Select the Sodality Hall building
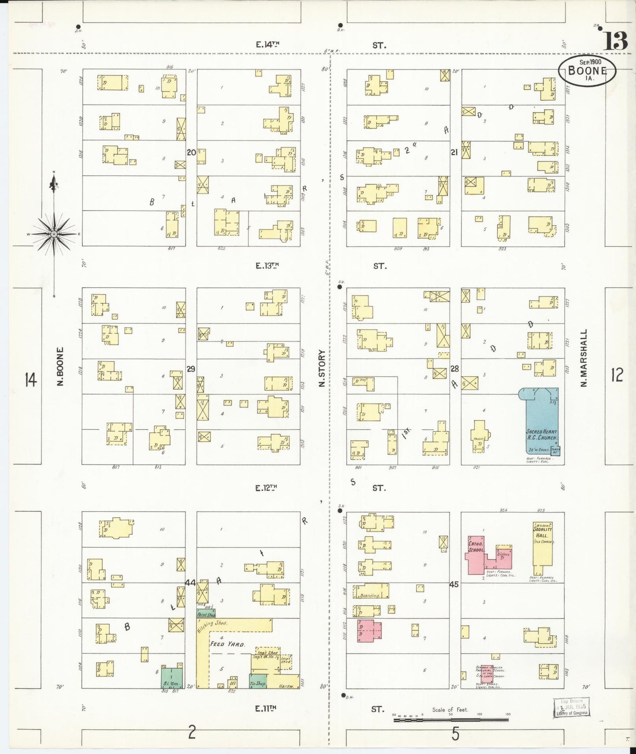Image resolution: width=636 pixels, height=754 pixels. (542, 545)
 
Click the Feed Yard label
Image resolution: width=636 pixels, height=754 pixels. (227, 644)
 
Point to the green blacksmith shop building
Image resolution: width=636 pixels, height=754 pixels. (172, 678)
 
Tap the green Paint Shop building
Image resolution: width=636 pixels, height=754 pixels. (206, 613)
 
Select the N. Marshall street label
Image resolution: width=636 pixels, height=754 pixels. (584, 358)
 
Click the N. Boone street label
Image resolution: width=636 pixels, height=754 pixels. (60, 366)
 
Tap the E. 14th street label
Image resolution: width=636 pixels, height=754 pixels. (267, 44)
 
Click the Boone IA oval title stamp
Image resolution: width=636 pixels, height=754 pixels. (587, 71)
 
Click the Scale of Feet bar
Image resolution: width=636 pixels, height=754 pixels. (450, 720)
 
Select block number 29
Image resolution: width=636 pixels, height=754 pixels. (191, 369)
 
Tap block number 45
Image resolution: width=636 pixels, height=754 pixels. (454, 585)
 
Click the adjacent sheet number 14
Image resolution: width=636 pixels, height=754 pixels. (30, 379)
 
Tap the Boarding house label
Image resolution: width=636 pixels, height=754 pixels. (370, 596)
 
